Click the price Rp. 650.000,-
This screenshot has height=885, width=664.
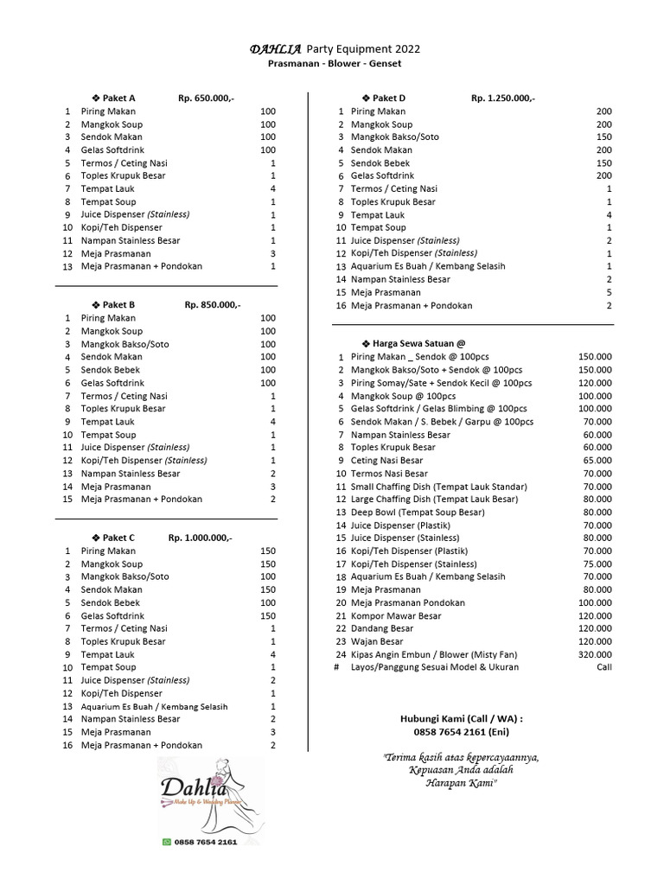pos(206,99)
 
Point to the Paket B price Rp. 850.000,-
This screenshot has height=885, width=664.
pos(213,305)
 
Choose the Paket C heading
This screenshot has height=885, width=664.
pos(113,538)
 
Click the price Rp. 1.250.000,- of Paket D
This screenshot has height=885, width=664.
pos(502,99)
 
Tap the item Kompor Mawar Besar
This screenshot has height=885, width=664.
pos(396,615)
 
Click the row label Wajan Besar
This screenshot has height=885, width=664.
pos(377,641)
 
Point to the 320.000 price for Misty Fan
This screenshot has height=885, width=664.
pos(595,654)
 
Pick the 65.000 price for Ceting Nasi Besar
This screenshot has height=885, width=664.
pos(597,461)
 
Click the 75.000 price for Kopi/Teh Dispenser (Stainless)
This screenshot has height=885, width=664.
pos(597,563)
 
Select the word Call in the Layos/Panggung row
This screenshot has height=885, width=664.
pos(603,667)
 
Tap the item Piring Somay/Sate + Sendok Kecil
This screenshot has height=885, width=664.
pos(442,383)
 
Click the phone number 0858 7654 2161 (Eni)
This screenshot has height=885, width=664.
pos(462,731)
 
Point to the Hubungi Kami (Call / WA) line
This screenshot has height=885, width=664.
pos(462,718)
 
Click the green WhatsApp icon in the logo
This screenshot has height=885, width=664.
pos(167,841)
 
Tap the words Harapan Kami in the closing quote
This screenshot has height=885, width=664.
pos(462,782)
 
